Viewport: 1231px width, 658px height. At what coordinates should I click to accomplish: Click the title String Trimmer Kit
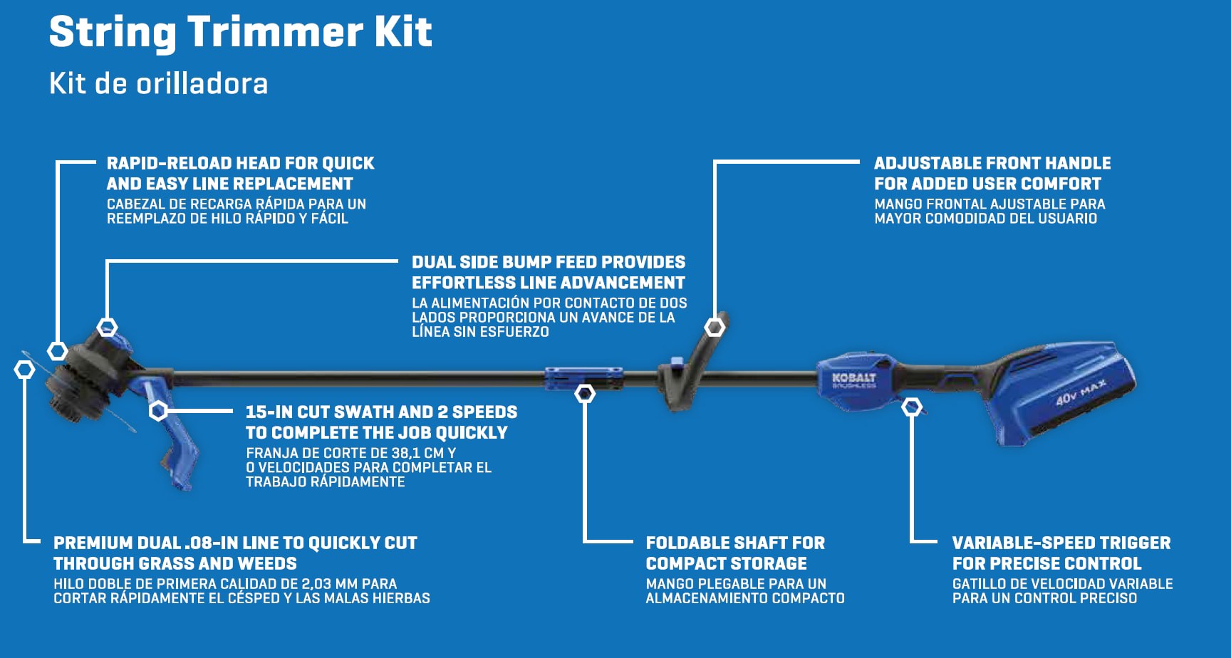click(x=240, y=33)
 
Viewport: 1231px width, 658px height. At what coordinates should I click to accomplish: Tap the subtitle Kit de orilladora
click(x=158, y=84)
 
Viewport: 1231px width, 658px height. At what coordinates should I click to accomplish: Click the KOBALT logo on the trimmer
click(x=853, y=378)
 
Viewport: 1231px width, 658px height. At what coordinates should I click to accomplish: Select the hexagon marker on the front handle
click(x=715, y=327)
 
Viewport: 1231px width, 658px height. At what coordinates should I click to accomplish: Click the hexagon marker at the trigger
click(x=911, y=408)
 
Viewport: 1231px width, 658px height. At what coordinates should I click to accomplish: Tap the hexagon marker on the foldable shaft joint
click(x=585, y=393)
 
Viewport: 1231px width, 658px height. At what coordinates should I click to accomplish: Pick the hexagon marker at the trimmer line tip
click(x=24, y=370)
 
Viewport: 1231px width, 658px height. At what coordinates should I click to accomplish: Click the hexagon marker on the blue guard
click(x=158, y=410)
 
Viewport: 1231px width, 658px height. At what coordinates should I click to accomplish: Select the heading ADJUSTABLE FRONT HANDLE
click(x=992, y=163)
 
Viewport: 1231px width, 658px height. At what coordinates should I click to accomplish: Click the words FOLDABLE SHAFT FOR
click(x=734, y=543)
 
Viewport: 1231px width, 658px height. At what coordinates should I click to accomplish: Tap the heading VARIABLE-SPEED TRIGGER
click(x=1061, y=543)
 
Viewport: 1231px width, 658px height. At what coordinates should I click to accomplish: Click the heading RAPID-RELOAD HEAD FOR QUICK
click(x=240, y=163)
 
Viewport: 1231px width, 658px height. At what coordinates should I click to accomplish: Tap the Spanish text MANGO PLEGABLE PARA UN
click(x=735, y=584)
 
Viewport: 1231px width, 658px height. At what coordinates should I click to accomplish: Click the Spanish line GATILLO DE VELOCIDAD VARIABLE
click(x=1062, y=584)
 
